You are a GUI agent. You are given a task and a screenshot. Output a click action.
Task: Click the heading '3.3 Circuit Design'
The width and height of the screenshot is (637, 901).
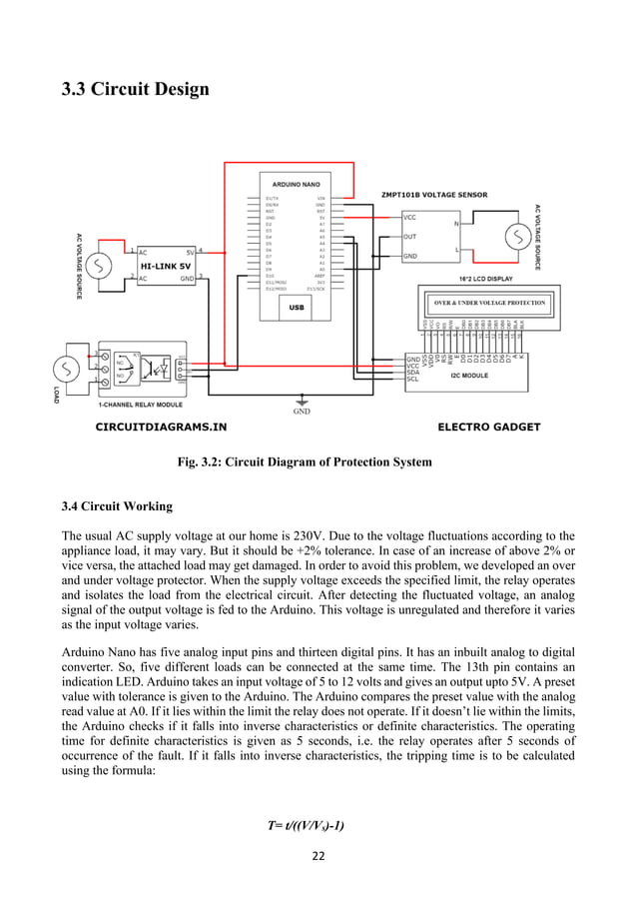click(136, 90)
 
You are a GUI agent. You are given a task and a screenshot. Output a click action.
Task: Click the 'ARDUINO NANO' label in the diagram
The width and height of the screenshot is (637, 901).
click(297, 186)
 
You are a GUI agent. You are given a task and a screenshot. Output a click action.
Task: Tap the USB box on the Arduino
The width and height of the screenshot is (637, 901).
click(297, 308)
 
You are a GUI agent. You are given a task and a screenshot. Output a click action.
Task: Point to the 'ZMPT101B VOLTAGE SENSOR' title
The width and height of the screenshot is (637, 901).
click(435, 195)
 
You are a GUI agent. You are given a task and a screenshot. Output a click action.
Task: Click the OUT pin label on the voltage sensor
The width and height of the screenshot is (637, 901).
click(409, 237)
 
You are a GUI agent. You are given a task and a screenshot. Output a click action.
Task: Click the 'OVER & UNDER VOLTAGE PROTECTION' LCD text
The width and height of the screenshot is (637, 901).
click(489, 303)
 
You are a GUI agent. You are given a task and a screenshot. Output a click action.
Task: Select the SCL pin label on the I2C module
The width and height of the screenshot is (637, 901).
click(412, 380)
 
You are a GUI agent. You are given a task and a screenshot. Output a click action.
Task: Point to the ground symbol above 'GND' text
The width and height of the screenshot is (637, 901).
click(301, 401)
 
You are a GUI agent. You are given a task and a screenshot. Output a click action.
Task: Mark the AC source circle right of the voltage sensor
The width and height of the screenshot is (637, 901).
click(517, 237)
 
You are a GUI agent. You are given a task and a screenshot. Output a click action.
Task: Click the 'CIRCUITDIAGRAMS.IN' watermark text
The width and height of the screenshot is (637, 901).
click(161, 427)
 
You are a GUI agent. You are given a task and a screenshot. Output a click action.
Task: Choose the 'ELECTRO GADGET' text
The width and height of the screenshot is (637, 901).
click(489, 427)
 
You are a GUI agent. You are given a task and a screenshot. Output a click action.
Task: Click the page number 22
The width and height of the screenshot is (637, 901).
click(318, 855)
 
